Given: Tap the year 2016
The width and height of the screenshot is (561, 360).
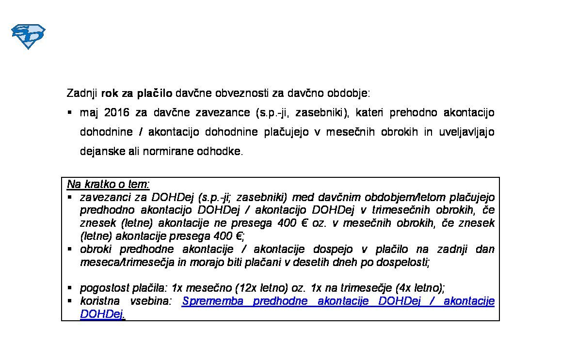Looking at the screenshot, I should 117,113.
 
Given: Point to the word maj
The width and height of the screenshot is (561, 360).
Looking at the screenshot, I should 89,113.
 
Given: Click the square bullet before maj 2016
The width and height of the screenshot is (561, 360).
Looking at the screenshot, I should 70,112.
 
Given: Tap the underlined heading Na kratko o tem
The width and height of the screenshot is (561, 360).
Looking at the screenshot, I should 108,185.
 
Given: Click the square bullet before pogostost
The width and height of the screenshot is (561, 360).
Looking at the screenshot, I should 70,287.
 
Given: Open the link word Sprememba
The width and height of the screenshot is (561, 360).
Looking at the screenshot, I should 212,301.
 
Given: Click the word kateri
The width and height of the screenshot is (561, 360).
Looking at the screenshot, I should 369,113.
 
